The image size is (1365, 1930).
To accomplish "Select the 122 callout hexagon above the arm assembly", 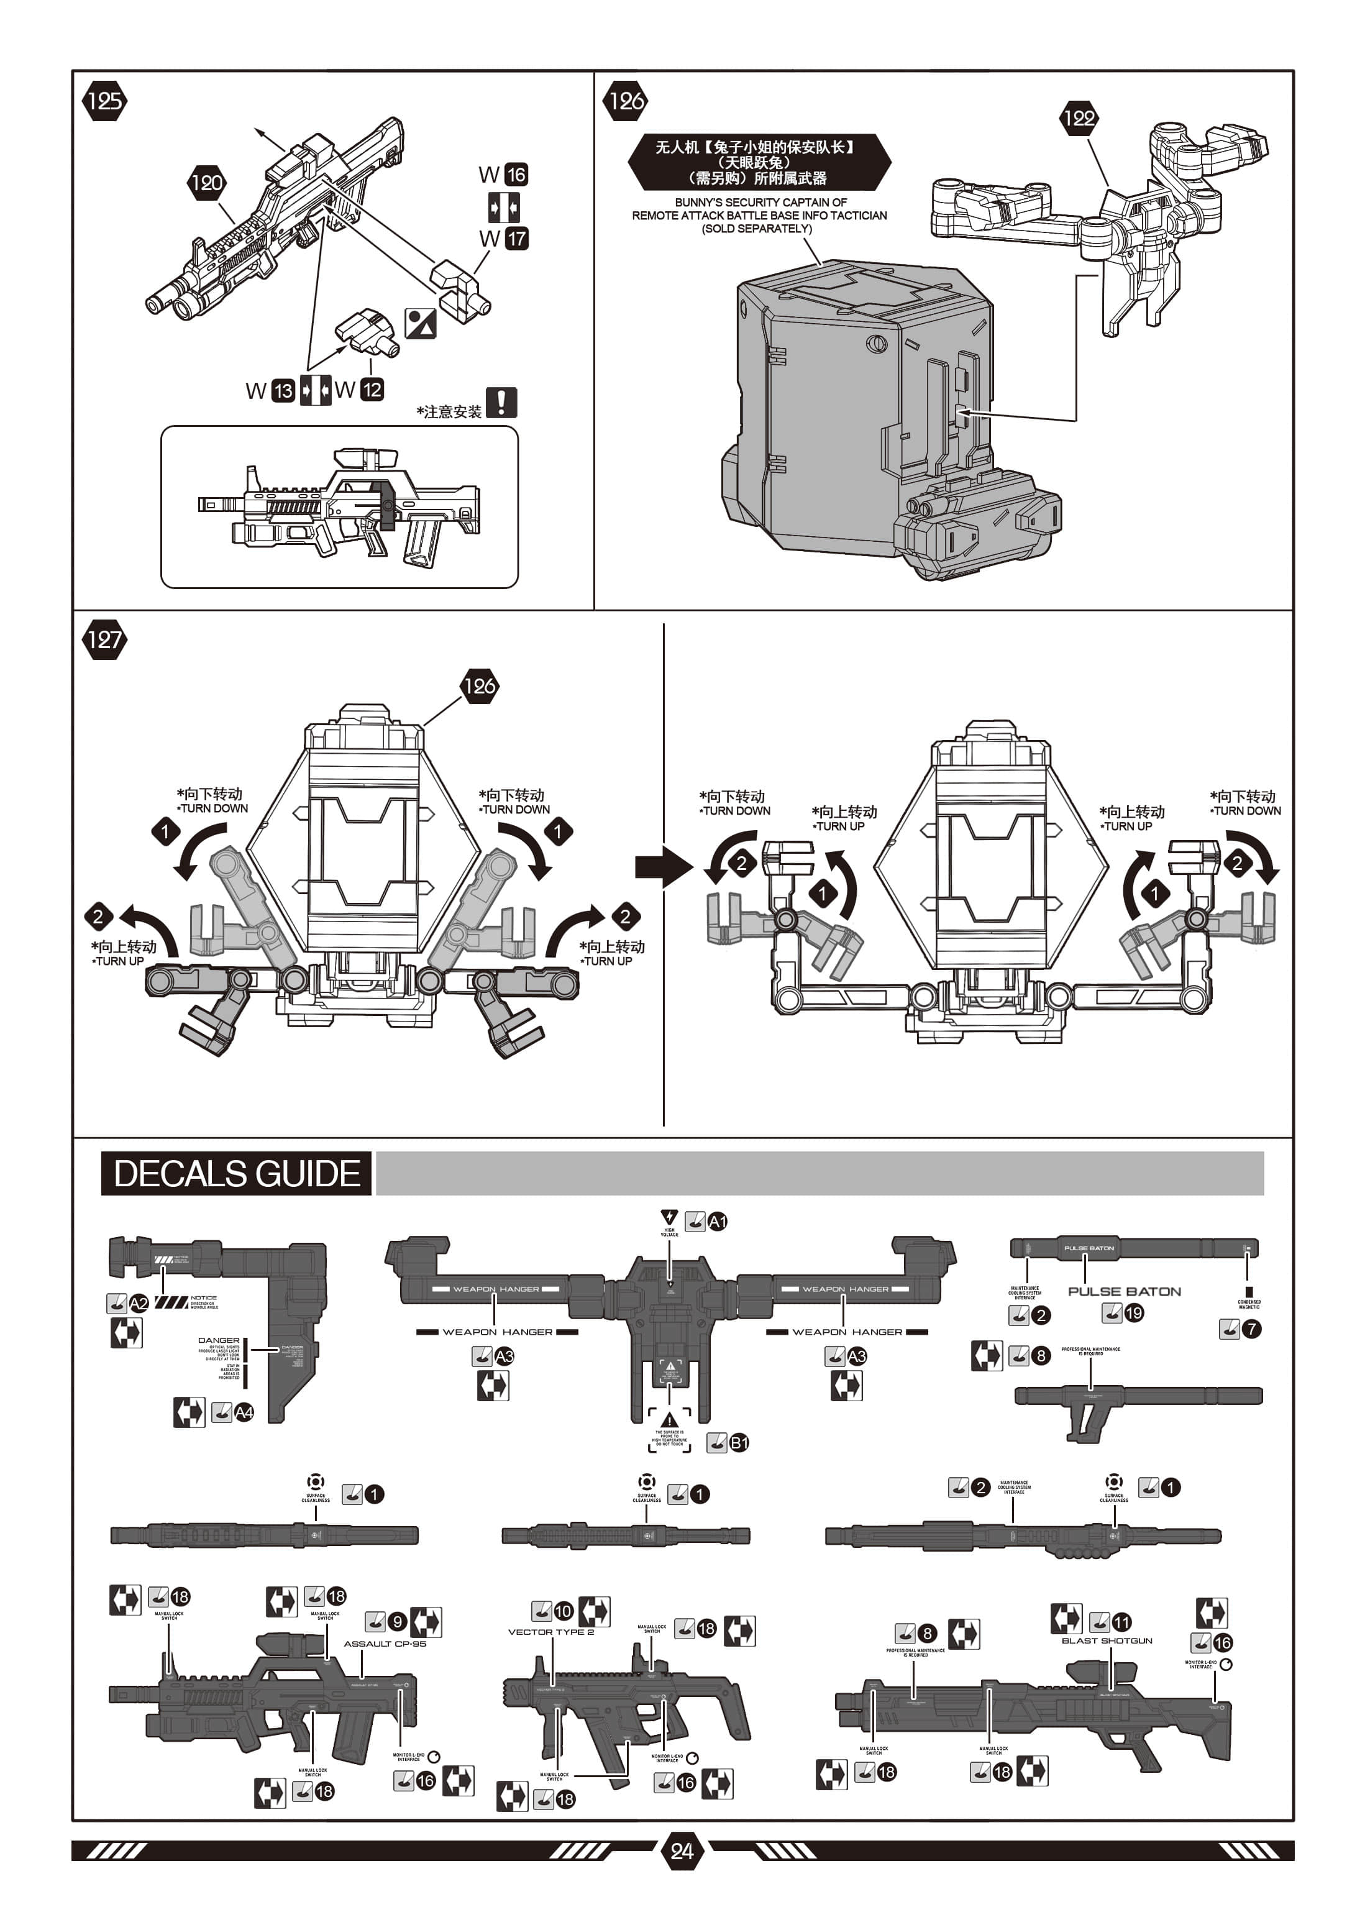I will point(1079,117).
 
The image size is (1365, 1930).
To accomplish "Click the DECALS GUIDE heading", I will point(236,1173).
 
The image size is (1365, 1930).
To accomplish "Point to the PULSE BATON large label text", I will point(1124,1291).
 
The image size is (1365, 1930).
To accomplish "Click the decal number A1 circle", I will point(717,1222).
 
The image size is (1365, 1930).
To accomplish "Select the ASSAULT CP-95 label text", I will point(385,1644).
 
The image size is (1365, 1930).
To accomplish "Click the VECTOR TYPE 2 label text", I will point(550,1632).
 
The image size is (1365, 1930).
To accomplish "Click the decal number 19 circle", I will point(1134,1312).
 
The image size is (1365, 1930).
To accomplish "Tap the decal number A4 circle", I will point(244,1412).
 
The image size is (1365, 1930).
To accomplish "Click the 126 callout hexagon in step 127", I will point(479,686).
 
